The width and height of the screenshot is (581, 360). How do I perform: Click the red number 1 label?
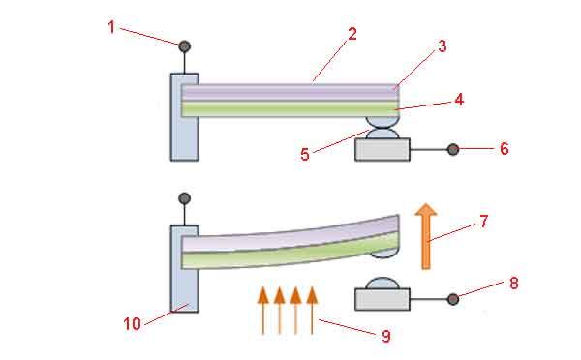click(111, 27)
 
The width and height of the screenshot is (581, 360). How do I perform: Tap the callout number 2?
click(352, 34)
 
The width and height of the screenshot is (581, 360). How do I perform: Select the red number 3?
click(443, 46)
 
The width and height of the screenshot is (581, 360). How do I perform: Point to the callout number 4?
click(459, 100)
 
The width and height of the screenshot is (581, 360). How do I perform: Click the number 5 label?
click(305, 155)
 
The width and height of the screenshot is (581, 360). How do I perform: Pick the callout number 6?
click(504, 149)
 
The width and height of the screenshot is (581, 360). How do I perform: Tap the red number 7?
click(483, 222)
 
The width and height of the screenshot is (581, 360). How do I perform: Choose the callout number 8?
click(513, 284)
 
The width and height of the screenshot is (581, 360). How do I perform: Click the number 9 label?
click(386, 336)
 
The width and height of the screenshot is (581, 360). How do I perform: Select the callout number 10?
click(133, 324)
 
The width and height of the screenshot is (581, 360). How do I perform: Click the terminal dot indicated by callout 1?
click(185, 46)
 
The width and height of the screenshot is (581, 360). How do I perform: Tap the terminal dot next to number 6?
click(453, 150)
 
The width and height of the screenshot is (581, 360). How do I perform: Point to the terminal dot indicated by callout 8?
click(453, 299)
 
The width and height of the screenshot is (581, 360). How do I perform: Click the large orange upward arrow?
click(426, 236)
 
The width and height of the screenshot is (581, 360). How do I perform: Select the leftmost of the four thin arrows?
click(263, 311)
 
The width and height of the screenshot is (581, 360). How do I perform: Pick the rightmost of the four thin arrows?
click(312, 311)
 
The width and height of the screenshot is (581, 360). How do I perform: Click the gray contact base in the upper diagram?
click(382, 150)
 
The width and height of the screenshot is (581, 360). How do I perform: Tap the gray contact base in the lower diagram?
click(382, 299)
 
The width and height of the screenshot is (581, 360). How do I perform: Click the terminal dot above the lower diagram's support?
click(185, 198)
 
